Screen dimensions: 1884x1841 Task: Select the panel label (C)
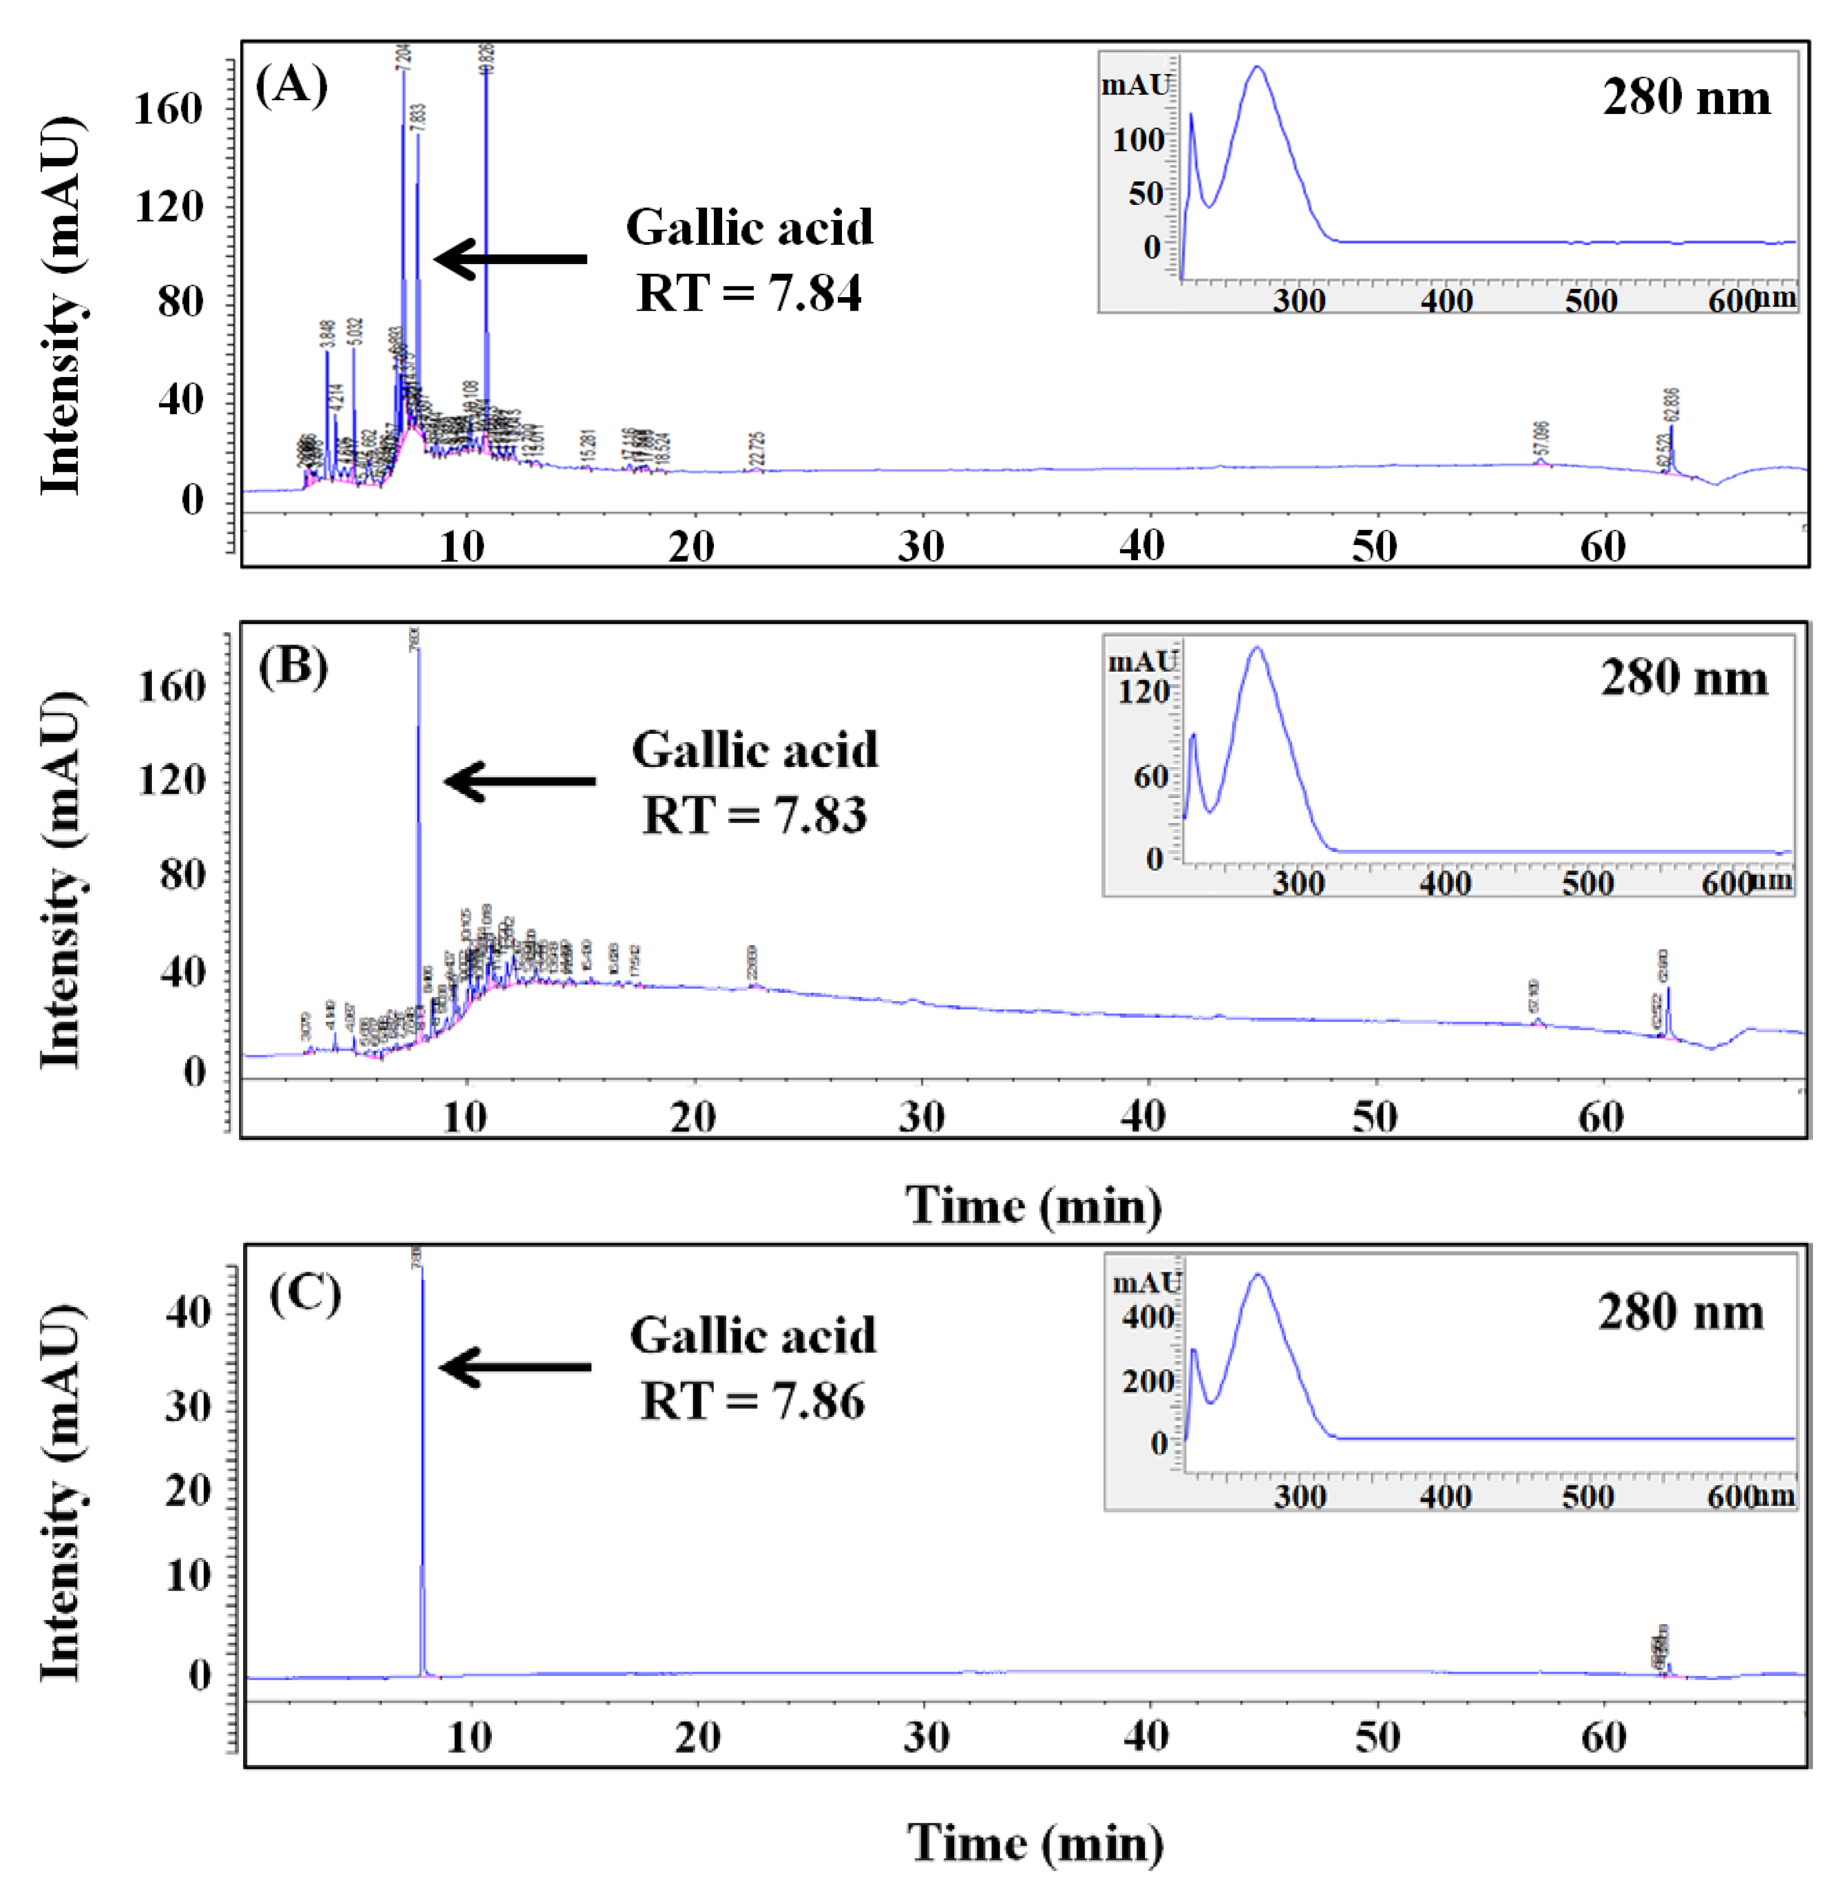click(304, 1293)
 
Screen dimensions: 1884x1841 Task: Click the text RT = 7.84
click(749, 293)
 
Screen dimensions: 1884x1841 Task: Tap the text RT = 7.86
click(752, 1401)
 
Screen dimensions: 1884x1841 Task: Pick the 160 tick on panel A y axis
click(168, 108)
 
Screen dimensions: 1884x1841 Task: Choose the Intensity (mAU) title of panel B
click(60, 880)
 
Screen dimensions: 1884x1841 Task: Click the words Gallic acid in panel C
click(752, 1336)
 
